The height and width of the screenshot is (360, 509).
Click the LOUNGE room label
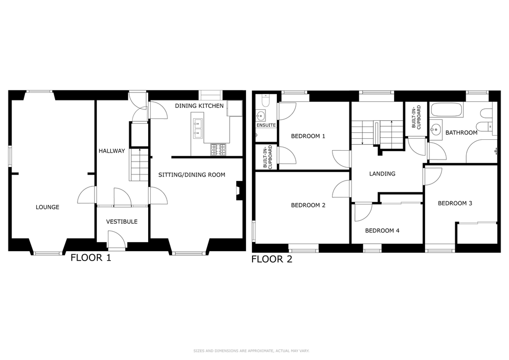tap(47, 207)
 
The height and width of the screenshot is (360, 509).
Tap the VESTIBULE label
tap(122, 222)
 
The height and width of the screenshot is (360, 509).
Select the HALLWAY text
tap(112, 151)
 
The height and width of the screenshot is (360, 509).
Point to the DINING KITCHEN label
tap(199, 106)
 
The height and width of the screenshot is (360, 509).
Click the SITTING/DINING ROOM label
tap(191, 175)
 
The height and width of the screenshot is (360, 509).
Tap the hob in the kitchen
tap(218, 150)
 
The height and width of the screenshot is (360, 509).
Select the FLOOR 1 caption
tap(91, 258)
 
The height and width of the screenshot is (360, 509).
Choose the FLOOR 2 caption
tap(272, 259)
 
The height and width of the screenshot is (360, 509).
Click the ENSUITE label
tap(266, 125)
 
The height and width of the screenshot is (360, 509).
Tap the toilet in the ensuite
tap(265, 100)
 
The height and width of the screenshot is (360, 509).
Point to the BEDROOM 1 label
tap(308, 136)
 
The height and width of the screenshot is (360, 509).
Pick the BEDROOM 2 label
tap(308, 205)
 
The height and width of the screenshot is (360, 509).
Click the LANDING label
tap(382, 174)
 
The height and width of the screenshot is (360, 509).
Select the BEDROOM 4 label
tap(382, 231)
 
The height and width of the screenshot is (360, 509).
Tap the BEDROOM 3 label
tap(455, 203)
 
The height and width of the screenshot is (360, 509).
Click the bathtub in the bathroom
tap(446, 110)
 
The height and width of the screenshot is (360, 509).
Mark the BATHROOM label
tap(461, 133)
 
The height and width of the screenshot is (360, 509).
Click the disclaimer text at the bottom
tap(251, 351)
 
